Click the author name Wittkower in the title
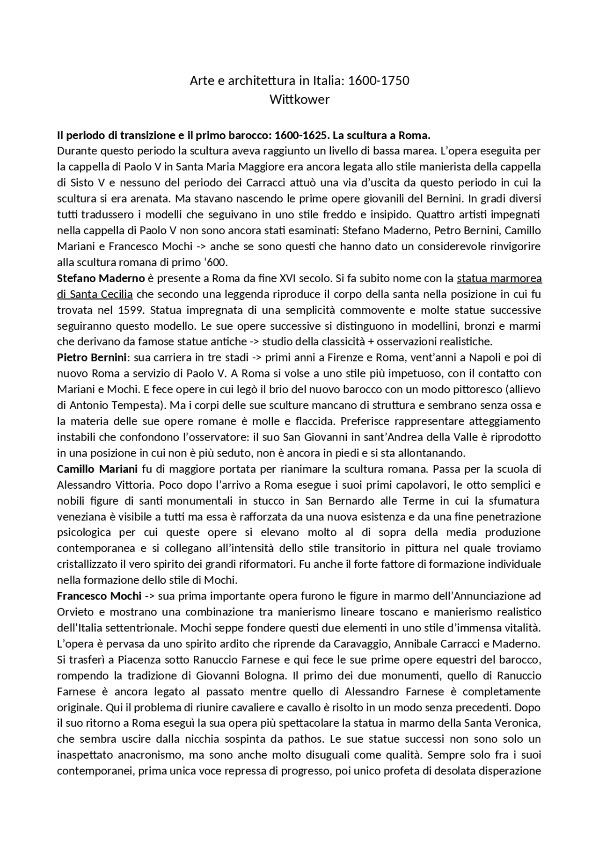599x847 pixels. [299, 100]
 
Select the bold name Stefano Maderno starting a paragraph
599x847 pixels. [101, 279]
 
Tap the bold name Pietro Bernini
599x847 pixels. [92, 358]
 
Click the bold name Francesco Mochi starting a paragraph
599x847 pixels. [99, 596]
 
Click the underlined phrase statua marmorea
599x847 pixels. [499, 279]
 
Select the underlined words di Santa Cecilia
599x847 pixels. [95, 295]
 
